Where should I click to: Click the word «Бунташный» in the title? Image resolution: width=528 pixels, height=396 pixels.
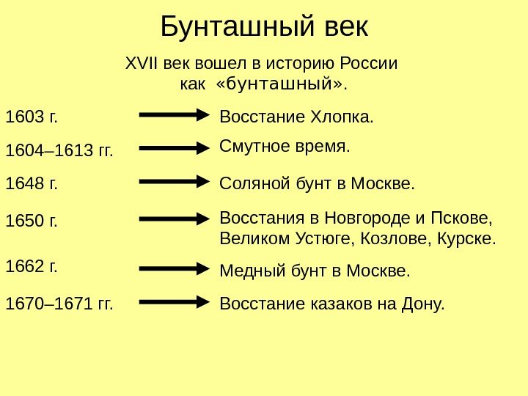(x=237, y=28)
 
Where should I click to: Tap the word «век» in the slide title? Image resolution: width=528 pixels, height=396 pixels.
(x=345, y=28)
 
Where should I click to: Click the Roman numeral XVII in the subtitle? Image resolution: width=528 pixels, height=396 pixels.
(x=142, y=63)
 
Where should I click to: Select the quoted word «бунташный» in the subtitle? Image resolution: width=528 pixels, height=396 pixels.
(x=279, y=83)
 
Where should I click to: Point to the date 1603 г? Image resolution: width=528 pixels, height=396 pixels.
(x=31, y=117)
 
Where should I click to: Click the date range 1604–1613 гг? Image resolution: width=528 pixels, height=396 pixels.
(x=59, y=151)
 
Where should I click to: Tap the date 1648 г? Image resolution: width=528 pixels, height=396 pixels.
(x=31, y=183)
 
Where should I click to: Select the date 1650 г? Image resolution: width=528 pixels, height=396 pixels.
(x=31, y=220)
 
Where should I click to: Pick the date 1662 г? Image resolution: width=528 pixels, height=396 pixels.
(x=31, y=265)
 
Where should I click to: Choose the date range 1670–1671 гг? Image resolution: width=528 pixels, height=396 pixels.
(x=59, y=303)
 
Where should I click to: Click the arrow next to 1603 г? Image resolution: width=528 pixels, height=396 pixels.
(x=175, y=115)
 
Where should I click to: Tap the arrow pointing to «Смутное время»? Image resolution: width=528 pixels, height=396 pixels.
(x=175, y=148)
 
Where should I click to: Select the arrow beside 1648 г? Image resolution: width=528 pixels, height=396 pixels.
(x=175, y=181)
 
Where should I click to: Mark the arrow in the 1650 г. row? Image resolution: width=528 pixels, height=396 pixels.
(x=175, y=219)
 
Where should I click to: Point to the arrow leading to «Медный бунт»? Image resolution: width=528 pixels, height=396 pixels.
(x=175, y=269)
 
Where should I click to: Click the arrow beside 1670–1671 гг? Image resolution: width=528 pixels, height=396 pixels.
(x=175, y=301)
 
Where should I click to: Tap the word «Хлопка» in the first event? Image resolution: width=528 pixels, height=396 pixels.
(x=342, y=117)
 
